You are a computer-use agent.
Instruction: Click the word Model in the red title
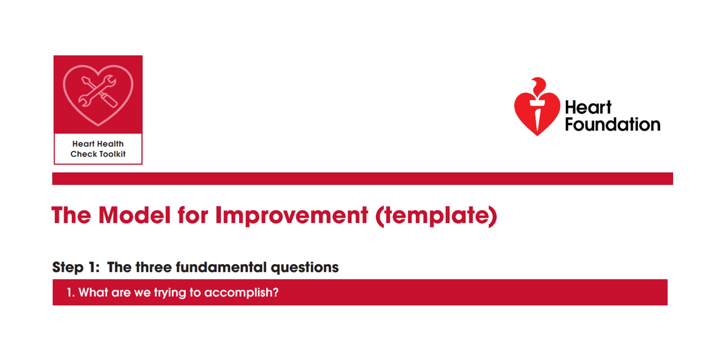tap(134, 215)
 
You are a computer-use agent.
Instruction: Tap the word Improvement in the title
tap(291, 215)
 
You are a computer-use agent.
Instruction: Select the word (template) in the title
tap(436, 216)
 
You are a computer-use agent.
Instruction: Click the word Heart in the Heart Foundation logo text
tap(588, 108)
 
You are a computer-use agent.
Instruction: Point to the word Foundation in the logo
tap(612, 124)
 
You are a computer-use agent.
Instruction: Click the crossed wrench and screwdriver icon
tap(98, 91)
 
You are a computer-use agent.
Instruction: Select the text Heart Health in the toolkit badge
tap(98, 144)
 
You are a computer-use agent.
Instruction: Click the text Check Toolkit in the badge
tap(98, 154)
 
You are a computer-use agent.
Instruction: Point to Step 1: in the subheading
tap(76, 267)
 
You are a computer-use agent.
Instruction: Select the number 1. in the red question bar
tap(70, 292)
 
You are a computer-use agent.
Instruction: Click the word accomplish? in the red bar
tap(241, 292)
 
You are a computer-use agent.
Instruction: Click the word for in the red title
tap(192, 215)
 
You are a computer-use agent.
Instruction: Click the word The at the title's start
tap(71, 215)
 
